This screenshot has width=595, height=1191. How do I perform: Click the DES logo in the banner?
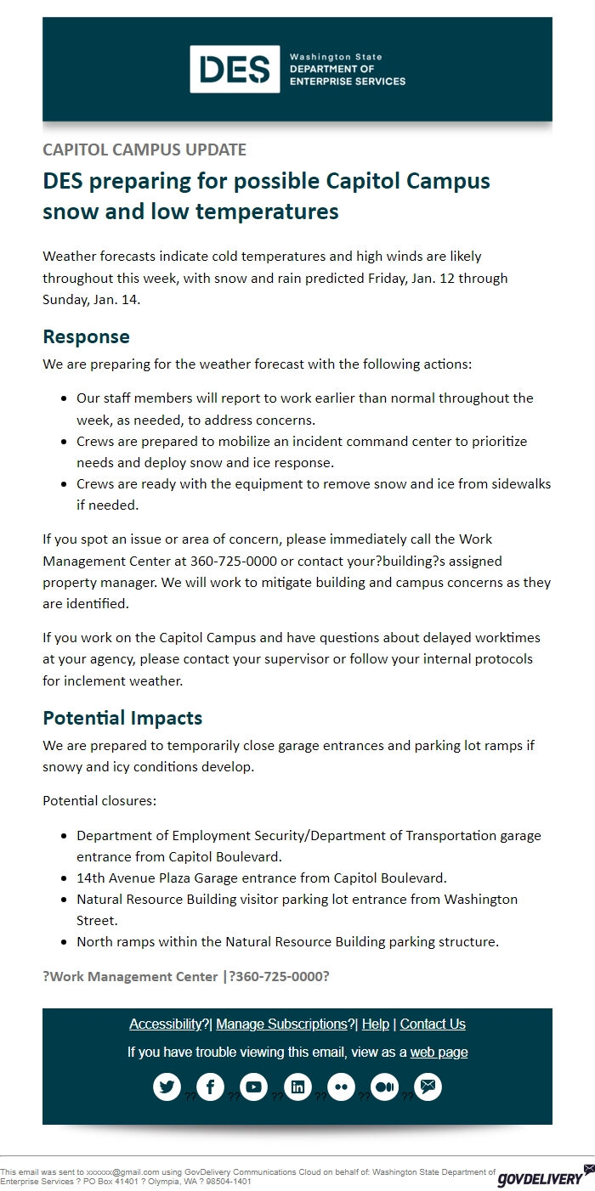pos(235,69)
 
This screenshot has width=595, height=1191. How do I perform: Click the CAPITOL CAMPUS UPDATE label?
pos(144,150)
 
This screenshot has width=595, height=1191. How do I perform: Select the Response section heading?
pos(86,336)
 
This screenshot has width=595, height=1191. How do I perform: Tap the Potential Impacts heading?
pos(122,718)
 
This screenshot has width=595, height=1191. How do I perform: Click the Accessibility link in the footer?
pos(166,1024)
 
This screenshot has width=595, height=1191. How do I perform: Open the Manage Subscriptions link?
pos(282,1024)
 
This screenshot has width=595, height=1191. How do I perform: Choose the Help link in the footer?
pos(375,1024)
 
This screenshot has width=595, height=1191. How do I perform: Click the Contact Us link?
pos(433,1024)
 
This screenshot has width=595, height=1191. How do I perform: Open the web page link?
pos(439,1052)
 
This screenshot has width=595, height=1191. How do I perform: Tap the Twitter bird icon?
pos(167,1087)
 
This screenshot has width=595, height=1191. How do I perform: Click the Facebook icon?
pos(210,1087)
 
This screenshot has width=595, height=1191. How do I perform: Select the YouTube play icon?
pos(253,1087)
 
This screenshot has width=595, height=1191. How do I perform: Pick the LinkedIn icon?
pos(297,1087)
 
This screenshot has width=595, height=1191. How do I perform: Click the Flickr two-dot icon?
pos(341,1087)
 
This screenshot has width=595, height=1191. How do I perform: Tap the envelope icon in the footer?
pos(428,1087)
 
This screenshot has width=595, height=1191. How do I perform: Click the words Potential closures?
pos(99,800)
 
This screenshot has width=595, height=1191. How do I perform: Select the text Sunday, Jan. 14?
pos(92,299)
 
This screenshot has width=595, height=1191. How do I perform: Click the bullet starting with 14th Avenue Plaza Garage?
pos(261,878)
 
